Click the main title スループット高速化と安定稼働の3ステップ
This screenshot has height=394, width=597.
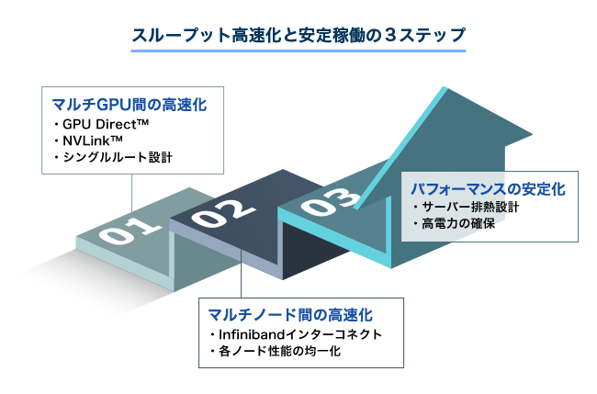point(298,35)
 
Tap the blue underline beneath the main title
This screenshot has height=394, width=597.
point(298,51)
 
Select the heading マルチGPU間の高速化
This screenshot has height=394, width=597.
point(130,105)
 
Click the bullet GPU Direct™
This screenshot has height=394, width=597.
point(101,124)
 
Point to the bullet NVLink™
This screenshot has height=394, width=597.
point(88,141)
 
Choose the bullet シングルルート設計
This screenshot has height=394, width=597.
point(113,157)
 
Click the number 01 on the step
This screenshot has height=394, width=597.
point(130,230)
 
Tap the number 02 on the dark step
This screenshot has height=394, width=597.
point(223,214)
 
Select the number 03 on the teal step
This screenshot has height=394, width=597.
point(331,201)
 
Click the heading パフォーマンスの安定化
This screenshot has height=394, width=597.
point(488,189)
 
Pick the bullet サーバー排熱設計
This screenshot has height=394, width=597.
point(466,207)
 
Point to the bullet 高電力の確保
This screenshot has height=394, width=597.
point(455,223)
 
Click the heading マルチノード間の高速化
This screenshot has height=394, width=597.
point(290,315)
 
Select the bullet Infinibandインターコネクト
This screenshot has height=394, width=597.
point(296,334)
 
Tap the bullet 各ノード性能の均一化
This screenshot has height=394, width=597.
point(276,351)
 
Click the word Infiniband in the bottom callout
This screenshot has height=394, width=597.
point(252,334)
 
